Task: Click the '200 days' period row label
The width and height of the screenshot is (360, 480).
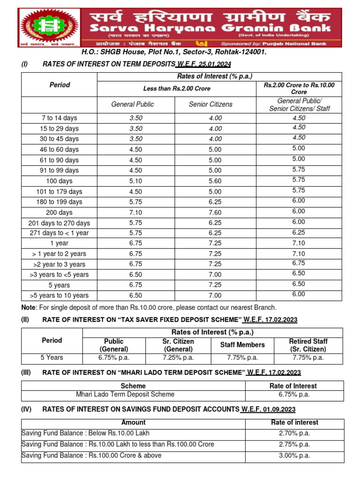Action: (59, 212)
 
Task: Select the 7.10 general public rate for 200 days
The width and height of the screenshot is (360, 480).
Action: (135, 212)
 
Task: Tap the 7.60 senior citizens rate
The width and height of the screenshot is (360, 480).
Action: (216, 212)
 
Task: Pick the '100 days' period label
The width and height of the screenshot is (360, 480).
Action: (59, 181)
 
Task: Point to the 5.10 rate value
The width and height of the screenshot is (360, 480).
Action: (135, 181)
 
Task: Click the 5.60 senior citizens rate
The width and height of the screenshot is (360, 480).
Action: (216, 181)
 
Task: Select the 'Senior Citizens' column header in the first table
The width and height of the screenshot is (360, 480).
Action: (210, 104)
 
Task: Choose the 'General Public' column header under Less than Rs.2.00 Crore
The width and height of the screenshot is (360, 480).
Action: (132, 104)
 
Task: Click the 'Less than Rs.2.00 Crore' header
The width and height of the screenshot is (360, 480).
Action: (177, 89)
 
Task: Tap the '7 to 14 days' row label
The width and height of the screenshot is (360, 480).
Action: (59, 118)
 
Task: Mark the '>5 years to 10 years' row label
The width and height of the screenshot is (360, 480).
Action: (59, 295)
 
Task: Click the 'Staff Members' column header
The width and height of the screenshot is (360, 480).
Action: (242, 345)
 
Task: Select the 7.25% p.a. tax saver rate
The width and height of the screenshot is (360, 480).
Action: (178, 357)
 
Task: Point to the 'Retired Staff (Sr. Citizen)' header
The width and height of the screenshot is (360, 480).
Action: (308, 345)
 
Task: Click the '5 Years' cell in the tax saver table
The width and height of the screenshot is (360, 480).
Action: (52, 357)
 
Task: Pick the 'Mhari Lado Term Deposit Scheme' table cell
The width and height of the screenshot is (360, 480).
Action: (125, 395)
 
